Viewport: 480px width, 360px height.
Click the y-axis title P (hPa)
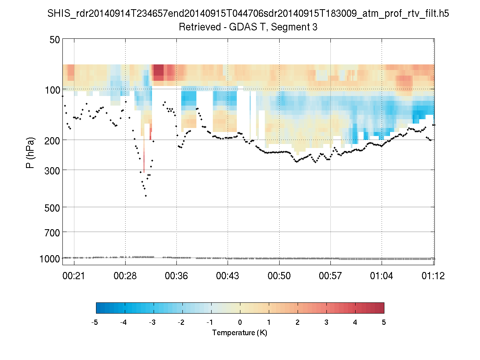[30, 153]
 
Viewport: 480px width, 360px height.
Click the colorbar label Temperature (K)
[240, 332]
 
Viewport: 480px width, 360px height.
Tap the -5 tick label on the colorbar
[95, 322]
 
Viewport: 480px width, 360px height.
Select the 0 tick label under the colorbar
[240, 322]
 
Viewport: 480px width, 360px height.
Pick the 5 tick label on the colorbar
[384, 322]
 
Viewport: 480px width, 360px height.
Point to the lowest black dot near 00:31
[146, 196]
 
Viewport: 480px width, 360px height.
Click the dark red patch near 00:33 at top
[158, 71]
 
